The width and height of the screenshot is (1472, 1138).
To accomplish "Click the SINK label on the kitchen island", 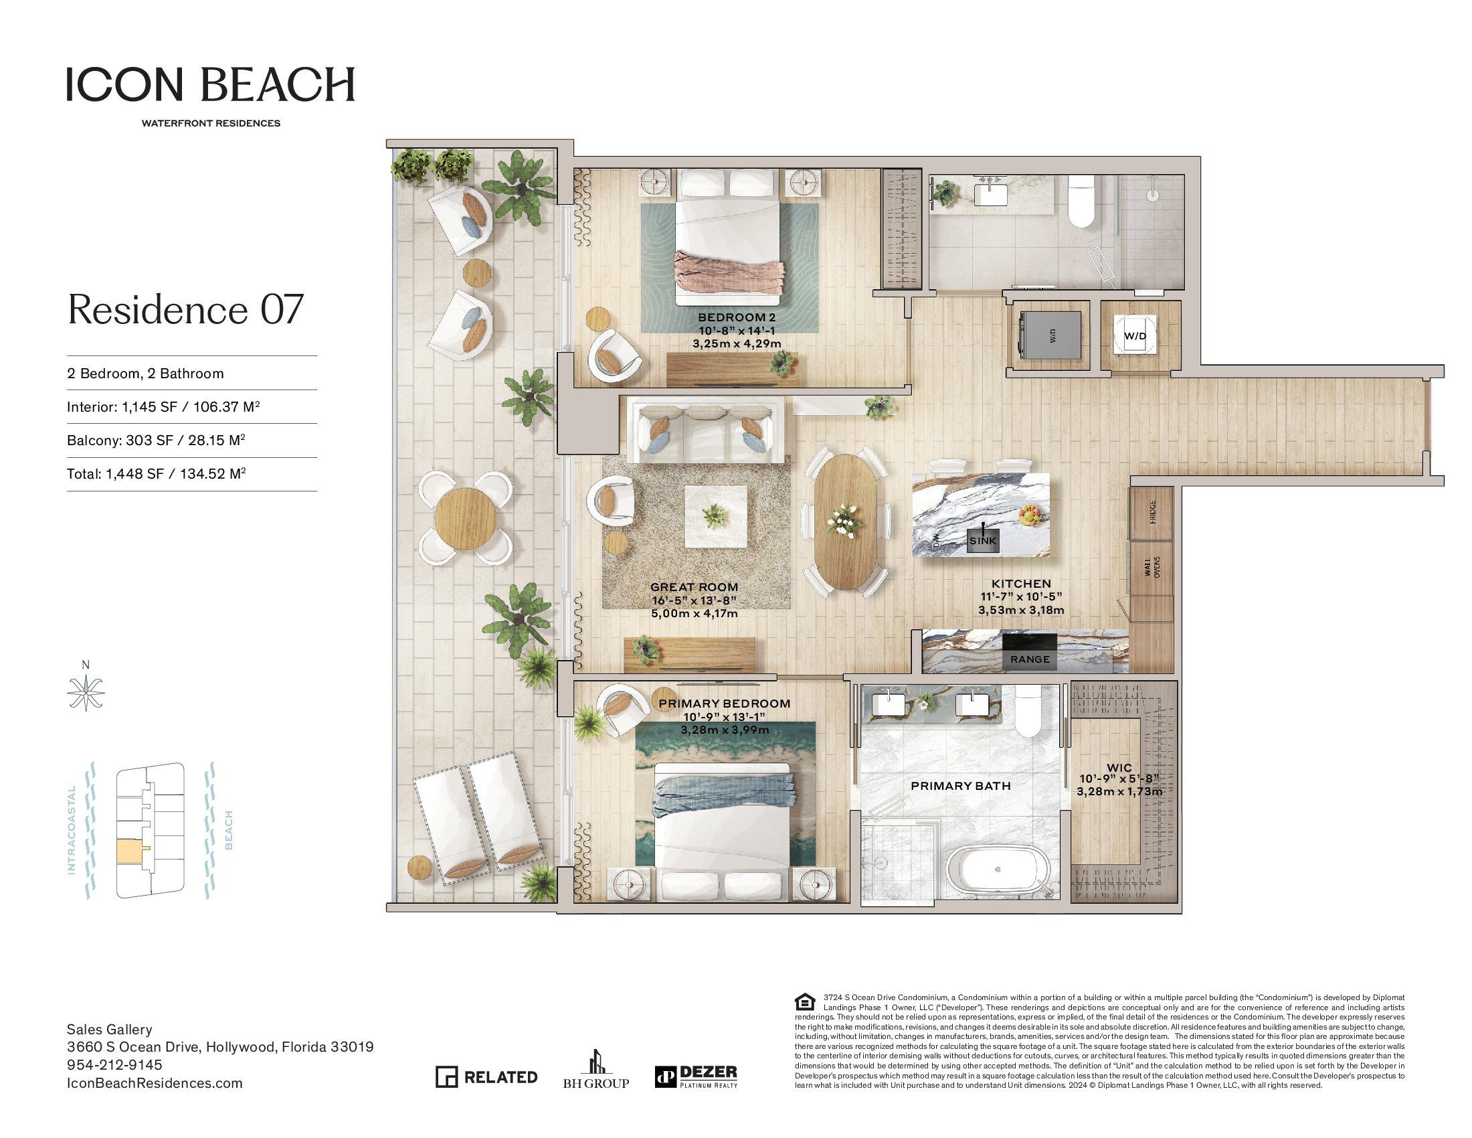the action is coord(983,540).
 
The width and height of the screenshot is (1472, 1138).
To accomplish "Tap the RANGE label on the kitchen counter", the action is coord(1030,659).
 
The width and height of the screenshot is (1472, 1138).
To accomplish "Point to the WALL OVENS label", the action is coord(1152,566).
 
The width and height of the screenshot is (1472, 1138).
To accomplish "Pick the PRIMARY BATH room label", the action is coord(960,785).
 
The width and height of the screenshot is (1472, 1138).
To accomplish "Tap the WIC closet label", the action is coord(1119,767).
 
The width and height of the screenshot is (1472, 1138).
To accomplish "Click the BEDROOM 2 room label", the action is coord(737,317).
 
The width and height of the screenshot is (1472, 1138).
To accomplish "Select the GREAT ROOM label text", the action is coord(695,587).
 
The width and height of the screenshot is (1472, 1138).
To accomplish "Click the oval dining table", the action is coord(846,522).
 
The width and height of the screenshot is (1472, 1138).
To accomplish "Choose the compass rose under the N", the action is coord(86,693).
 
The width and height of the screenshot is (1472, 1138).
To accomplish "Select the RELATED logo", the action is coord(486,1076).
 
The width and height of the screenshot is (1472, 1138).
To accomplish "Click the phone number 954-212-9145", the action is coord(114,1064).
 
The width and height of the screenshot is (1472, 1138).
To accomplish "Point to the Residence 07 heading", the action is coord(185,309).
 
